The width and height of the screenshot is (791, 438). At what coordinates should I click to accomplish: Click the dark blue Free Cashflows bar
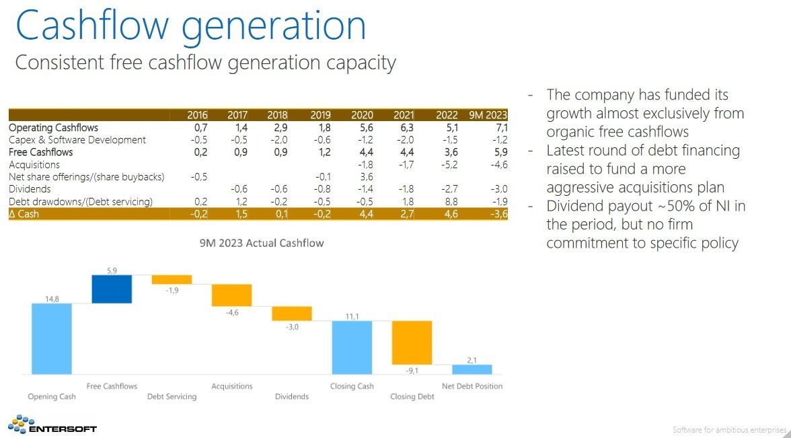coord(112,289)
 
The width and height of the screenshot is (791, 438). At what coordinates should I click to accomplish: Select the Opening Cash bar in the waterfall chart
coord(51,338)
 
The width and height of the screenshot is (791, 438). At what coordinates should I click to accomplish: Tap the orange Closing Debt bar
coord(412,342)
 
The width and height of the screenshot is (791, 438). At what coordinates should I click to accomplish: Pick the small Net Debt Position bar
coord(472,369)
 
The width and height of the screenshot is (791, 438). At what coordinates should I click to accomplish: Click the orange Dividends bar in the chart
coord(292,314)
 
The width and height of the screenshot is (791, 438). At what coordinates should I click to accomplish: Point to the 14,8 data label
coord(52,299)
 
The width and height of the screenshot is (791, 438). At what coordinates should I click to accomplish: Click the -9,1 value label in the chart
coord(412,370)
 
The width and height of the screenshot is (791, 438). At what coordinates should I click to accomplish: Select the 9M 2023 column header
coord(488,115)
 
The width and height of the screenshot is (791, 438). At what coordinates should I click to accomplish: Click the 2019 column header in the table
coord(321,115)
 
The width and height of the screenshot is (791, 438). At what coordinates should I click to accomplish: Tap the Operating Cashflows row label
coord(54,128)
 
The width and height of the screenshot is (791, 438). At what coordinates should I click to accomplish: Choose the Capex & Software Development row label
coord(77,140)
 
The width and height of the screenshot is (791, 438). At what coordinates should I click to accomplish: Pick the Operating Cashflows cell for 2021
coord(406,128)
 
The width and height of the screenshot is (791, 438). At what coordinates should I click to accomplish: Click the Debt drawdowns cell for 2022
coord(451,202)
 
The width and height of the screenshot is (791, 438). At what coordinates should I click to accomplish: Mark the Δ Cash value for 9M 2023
coord(499,214)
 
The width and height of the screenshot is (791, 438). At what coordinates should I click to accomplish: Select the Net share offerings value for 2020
coord(367,177)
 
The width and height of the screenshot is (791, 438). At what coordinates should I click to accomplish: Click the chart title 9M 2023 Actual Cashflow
coord(261,244)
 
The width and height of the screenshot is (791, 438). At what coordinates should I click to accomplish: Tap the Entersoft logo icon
coord(21,424)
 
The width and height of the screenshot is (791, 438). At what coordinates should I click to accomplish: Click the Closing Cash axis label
coord(352,386)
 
